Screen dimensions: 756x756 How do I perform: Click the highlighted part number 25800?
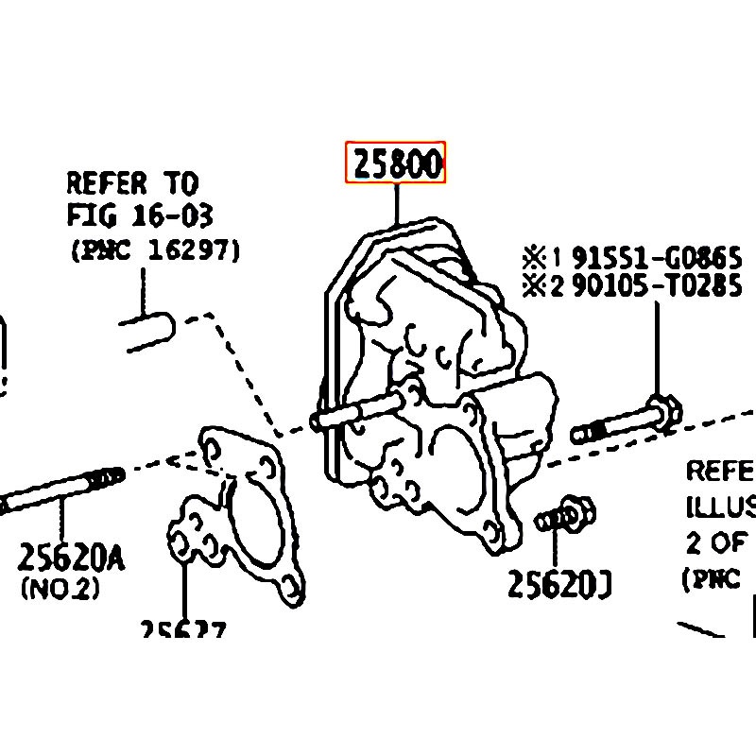pyautogui.click(x=395, y=164)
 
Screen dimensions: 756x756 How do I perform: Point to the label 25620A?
pyautogui.click(x=70, y=558)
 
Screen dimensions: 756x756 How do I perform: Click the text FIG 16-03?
pyautogui.click(x=139, y=215)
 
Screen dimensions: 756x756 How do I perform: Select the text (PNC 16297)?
pyautogui.click(x=154, y=250)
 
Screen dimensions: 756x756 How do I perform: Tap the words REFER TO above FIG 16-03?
pyautogui.click(x=131, y=181)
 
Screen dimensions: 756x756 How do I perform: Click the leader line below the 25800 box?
pyautogui.click(x=397, y=203)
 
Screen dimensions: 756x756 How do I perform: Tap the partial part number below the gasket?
pyautogui.click(x=182, y=630)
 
